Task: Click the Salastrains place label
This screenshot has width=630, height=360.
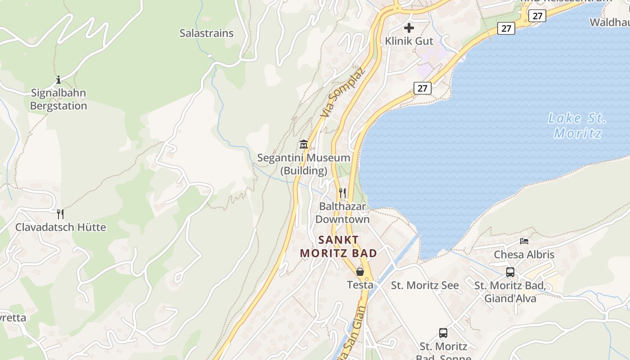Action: coord(207,33)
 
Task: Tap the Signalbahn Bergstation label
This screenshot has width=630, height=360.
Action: coord(58,99)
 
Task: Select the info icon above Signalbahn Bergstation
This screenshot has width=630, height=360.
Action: coord(58,80)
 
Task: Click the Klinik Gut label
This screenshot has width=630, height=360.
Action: coord(409,41)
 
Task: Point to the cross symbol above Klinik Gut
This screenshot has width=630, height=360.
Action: coord(409,28)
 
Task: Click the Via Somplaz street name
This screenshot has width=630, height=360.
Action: coord(342,93)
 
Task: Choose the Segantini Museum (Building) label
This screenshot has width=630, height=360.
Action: coord(304,164)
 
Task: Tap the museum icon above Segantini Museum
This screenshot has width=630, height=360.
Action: coord(304,145)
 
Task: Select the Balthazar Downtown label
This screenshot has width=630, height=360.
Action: coord(342,213)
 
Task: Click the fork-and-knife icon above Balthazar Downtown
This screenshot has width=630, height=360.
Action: coord(342,193)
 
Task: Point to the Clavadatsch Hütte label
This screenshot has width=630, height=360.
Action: coord(61,227)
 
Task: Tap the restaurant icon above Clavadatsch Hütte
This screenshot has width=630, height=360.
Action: coord(60,214)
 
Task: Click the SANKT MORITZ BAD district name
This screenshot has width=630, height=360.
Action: coord(338,247)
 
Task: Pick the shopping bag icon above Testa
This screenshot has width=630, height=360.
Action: coord(360,272)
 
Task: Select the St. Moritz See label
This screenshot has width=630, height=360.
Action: coord(425,285)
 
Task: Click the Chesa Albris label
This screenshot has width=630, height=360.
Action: coord(524,255)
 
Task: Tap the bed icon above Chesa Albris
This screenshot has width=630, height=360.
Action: coord(524,241)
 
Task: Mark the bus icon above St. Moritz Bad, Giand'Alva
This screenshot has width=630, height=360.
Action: coord(510,272)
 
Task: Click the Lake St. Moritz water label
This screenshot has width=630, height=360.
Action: coord(577,126)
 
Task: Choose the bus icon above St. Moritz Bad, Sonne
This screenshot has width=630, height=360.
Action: coord(443,333)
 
